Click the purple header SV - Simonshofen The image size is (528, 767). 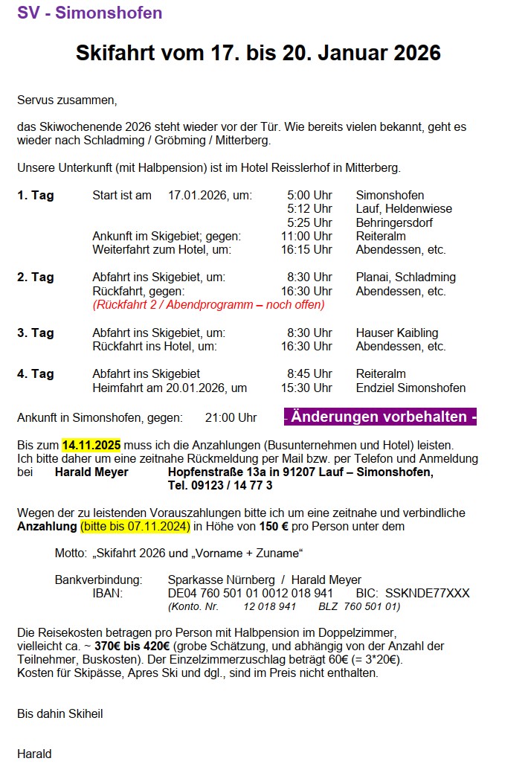click(x=89, y=13)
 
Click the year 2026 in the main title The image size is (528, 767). click(x=411, y=53)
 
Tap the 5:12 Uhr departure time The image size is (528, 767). click(x=309, y=209)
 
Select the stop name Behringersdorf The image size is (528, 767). click(x=394, y=222)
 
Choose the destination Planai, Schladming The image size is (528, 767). click(x=406, y=277)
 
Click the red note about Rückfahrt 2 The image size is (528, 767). click(x=208, y=304)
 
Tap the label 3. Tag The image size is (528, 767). click(x=36, y=333)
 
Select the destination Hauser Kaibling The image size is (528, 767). click(x=397, y=333)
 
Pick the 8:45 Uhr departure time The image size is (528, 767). click(x=309, y=373)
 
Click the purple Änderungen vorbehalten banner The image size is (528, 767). click(x=380, y=417)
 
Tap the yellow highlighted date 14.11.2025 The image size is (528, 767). click(x=91, y=445)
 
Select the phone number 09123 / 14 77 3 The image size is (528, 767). click(x=220, y=486)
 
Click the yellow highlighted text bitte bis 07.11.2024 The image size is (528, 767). click(x=135, y=527)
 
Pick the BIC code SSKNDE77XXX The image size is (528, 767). click(x=428, y=593)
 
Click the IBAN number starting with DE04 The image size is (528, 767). click(x=251, y=593)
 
